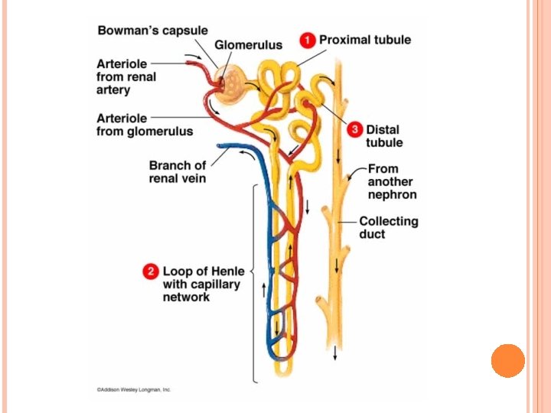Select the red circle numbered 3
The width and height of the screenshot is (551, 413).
(354, 130)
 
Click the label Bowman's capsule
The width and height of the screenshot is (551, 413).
(152, 31)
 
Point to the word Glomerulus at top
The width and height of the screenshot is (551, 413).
(248, 45)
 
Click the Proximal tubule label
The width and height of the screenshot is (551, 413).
(365, 40)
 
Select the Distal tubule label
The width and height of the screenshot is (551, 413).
(383, 136)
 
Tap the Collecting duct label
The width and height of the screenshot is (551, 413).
(389, 227)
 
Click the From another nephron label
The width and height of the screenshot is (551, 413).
(392, 181)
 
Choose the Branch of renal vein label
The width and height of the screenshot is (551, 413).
(177, 171)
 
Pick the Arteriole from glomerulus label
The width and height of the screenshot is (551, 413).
(144, 125)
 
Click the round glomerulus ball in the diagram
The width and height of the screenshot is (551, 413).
(230, 83)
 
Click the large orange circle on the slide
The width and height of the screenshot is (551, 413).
(508, 360)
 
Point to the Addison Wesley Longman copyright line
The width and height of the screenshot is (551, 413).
(134, 389)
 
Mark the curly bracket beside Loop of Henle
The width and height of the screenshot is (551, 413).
(253, 283)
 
